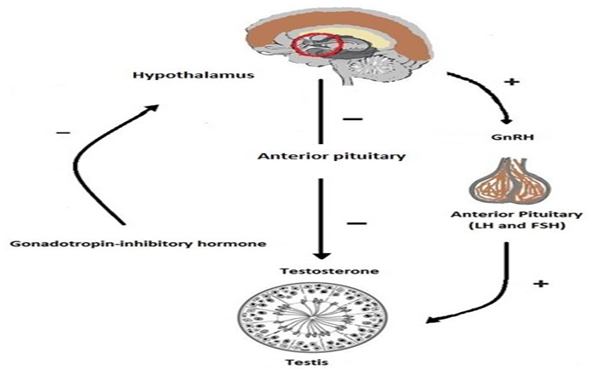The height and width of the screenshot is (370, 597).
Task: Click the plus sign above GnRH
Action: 513,82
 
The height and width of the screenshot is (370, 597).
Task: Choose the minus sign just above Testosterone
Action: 356,223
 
